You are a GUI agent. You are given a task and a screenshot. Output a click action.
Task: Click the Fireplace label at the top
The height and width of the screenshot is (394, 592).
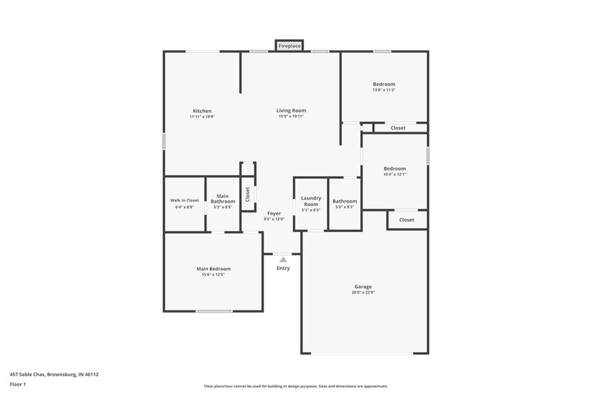(x=289, y=46)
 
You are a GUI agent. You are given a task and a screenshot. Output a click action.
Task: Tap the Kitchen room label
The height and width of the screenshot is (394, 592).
(x=202, y=111)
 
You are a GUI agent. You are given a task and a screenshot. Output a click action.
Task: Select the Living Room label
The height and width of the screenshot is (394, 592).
(x=291, y=111)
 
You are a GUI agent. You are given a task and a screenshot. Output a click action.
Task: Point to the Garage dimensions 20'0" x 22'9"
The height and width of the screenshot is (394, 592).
(x=363, y=293)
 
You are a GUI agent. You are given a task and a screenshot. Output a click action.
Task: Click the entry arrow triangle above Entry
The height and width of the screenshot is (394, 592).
(x=283, y=259)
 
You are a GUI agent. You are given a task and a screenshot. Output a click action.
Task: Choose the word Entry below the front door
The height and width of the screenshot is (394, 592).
(x=283, y=268)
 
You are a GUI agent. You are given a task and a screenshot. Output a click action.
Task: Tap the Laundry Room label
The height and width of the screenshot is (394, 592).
(x=311, y=201)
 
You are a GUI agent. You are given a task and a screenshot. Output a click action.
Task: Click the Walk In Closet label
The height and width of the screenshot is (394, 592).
(x=184, y=200)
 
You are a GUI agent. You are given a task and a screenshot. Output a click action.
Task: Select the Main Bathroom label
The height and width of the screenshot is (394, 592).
(x=223, y=199)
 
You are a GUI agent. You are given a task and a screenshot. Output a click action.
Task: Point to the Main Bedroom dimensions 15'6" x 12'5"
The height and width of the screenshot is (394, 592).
(x=213, y=275)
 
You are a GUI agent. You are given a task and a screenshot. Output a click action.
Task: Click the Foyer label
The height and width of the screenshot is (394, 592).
(x=274, y=213)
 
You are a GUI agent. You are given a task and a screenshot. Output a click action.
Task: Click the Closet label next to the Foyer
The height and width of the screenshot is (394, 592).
(x=248, y=194)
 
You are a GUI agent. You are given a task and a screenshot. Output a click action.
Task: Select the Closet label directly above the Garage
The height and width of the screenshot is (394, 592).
(x=407, y=220)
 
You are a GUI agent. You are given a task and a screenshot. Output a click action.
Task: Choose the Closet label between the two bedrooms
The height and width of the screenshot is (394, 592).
(x=398, y=128)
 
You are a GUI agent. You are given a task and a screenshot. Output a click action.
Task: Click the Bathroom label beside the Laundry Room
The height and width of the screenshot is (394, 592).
(x=344, y=201)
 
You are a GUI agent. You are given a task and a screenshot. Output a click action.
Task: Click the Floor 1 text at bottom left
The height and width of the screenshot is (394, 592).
(x=18, y=384)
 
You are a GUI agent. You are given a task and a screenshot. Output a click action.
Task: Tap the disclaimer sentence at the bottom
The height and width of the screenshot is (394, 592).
(x=295, y=386)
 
